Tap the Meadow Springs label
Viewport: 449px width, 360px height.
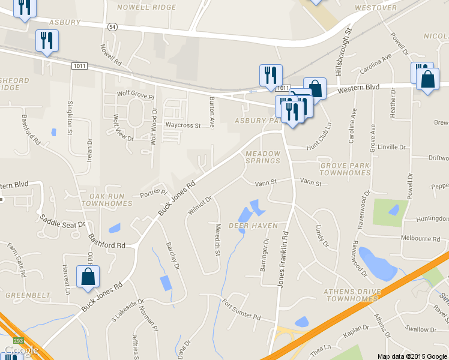[263, 157]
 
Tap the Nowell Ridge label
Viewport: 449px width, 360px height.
[147, 7]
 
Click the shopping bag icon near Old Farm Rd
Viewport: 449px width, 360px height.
[88, 277]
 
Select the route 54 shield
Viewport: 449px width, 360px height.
[113, 27]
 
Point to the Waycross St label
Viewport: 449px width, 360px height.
[183, 125]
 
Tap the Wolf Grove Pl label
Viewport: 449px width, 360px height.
[136, 94]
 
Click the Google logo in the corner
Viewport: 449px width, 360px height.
[22, 350]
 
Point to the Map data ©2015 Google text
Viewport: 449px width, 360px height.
[412, 356]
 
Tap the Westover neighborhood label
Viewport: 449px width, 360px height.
[376, 8]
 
